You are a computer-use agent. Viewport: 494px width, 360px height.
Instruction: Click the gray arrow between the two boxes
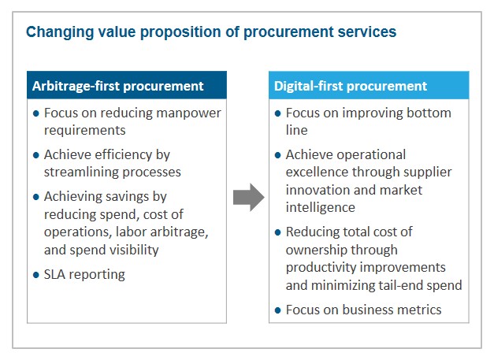point(248,198)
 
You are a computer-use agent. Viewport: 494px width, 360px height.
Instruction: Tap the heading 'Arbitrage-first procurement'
point(118,86)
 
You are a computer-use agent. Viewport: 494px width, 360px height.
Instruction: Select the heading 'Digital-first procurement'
point(351,86)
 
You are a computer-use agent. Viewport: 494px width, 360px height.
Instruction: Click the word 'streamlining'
point(81,172)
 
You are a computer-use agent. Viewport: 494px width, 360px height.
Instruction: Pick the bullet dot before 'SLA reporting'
point(36,275)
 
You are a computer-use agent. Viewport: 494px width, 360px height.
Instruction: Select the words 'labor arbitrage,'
point(162,232)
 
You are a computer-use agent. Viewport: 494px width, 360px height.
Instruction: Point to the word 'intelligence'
point(321,207)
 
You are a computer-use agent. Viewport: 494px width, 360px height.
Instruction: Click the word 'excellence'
point(317,172)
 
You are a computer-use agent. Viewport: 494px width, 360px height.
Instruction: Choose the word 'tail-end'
point(400,285)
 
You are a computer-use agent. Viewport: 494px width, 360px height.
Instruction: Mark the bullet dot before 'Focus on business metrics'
point(277,310)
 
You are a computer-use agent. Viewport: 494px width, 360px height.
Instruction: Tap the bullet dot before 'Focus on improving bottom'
point(277,113)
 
